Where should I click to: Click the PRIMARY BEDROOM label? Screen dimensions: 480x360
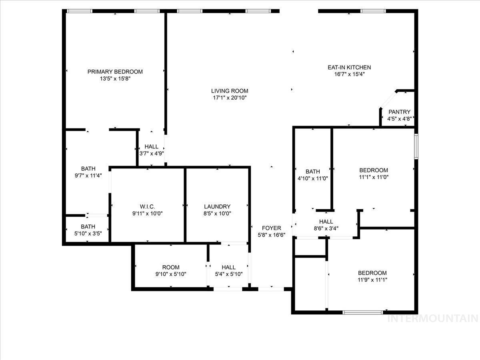(x=115, y=72)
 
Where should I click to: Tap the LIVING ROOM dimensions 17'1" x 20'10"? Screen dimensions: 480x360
(x=230, y=98)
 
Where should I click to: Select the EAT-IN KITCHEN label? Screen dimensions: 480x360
(x=349, y=67)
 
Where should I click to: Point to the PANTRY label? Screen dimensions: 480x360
(x=399, y=112)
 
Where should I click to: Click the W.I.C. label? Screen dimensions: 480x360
(x=147, y=206)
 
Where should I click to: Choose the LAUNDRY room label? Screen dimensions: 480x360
(x=217, y=206)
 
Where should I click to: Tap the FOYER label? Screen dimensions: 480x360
(x=271, y=228)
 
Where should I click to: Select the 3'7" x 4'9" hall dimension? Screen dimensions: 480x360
(x=152, y=154)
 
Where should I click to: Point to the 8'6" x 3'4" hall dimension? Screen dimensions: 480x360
(x=326, y=228)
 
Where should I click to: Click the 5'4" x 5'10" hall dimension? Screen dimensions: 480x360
(x=229, y=274)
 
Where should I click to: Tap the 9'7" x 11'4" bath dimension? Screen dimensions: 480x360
(x=88, y=176)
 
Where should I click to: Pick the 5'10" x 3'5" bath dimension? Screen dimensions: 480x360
(x=88, y=234)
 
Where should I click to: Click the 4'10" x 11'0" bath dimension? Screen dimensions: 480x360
(x=313, y=178)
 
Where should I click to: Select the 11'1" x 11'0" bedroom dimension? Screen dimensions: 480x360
(x=374, y=177)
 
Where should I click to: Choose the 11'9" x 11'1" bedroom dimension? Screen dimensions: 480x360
(x=372, y=280)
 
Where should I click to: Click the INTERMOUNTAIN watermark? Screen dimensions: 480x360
(x=433, y=318)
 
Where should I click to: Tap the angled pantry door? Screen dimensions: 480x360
(x=388, y=100)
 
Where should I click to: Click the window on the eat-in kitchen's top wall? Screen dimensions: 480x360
(x=373, y=11)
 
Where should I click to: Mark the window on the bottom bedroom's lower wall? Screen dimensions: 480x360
(x=363, y=312)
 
